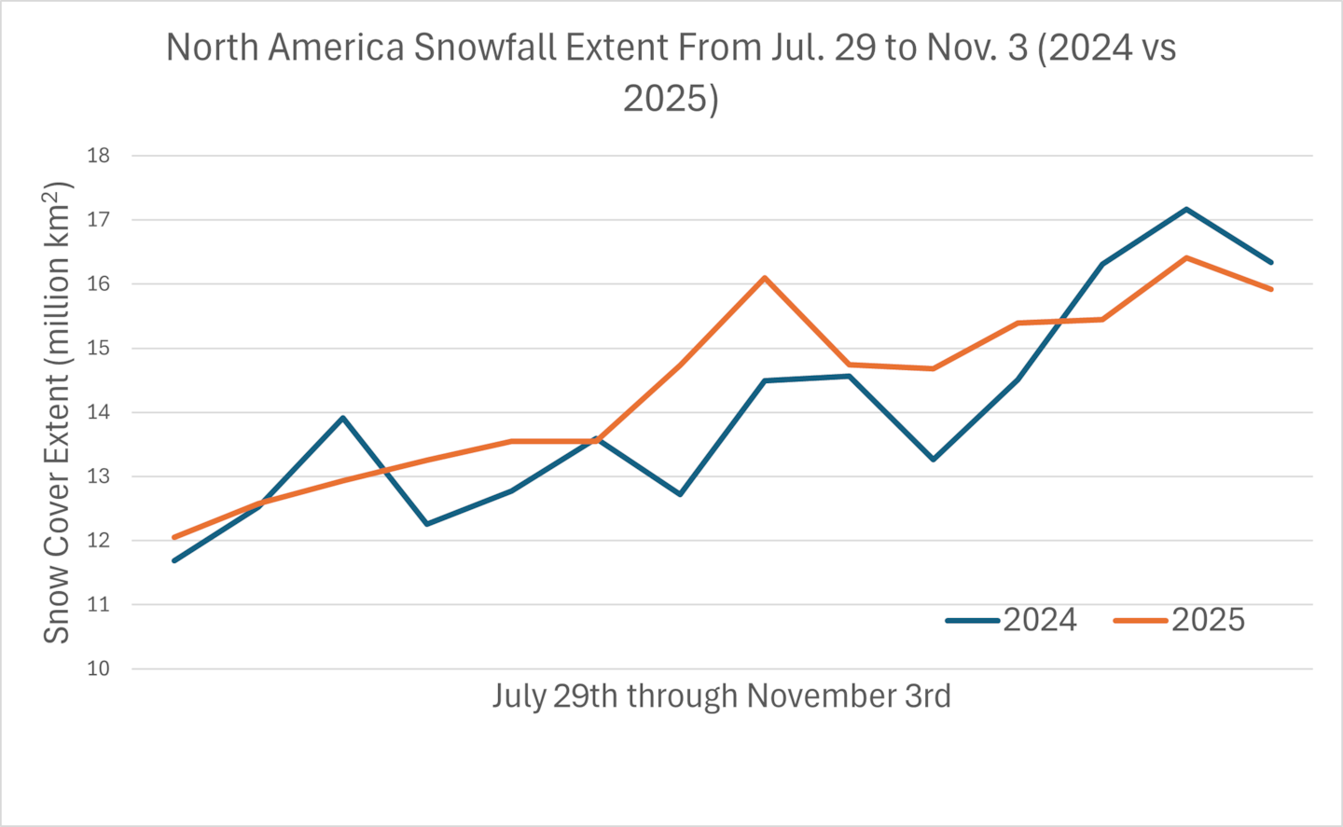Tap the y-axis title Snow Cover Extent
point(57,413)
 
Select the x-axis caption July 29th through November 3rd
point(721,696)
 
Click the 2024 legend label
point(1039,620)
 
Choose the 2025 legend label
point(1208,620)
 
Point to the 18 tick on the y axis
point(98,156)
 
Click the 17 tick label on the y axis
point(98,220)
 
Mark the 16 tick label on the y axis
point(98,284)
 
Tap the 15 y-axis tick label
point(98,349)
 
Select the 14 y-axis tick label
point(98,412)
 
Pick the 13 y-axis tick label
point(98,476)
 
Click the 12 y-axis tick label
point(98,541)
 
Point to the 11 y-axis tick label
point(98,604)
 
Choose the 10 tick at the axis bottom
point(98,668)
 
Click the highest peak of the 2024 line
point(1186,209)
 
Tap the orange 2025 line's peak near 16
point(765,278)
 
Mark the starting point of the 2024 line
point(174,560)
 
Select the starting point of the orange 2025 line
point(174,537)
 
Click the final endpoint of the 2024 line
point(1271,262)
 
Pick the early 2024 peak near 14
point(343,418)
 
